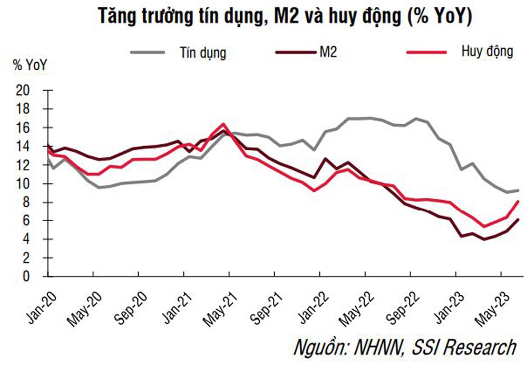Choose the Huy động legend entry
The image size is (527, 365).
(481, 52)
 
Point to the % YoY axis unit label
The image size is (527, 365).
(30, 66)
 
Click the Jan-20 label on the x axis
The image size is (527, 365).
(39, 300)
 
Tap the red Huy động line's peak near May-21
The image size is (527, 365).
(223, 124)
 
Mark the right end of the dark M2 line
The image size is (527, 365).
(519, 219)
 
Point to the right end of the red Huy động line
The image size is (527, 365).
(519, 201)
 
